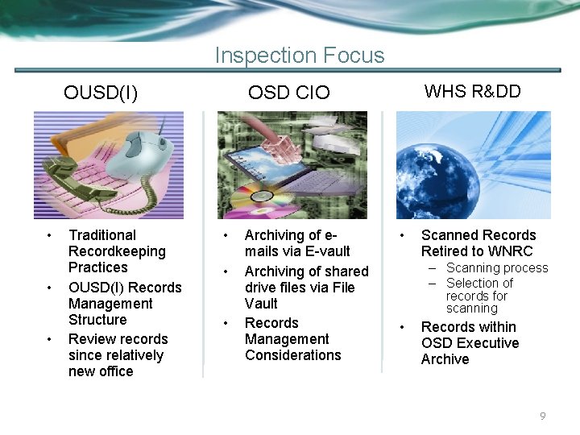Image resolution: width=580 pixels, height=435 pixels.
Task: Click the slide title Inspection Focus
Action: click(300, 56)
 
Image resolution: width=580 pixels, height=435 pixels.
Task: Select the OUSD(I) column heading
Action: click(101, 93)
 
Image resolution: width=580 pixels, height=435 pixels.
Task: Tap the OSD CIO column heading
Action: click(288, 93)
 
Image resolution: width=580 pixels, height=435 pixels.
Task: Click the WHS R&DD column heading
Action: click(472, 91)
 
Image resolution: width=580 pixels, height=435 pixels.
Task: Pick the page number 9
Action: click(542, 416)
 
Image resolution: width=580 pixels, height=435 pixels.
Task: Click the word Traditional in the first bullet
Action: click(102, 235)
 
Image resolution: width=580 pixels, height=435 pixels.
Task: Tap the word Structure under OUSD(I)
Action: click(97, 320)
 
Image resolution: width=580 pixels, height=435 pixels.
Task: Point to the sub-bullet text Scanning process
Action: click(496, 268)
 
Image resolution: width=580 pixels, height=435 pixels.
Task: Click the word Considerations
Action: click(292, 355)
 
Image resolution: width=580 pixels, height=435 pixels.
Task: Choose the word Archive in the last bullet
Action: click(445, 359)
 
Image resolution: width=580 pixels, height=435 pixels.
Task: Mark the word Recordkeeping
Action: click(117, 251)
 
